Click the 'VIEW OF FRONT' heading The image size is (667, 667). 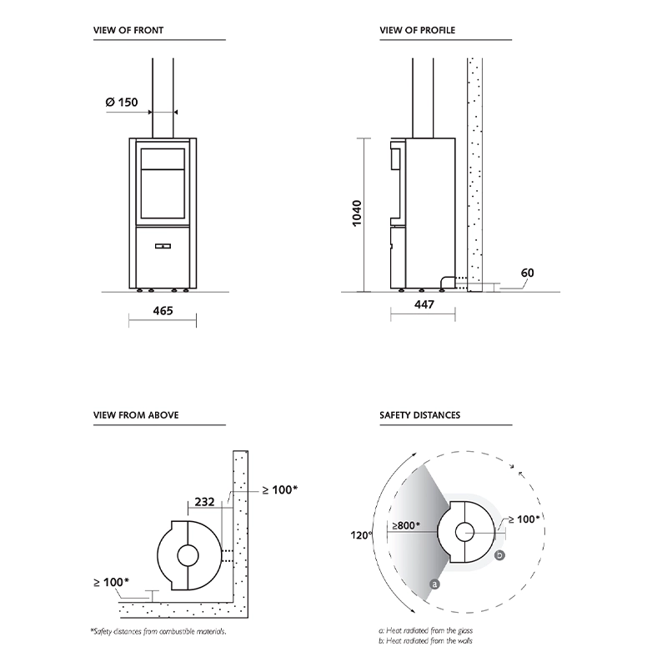[128, 31]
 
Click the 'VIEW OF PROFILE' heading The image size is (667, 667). [417, 31]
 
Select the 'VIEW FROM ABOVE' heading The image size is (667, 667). [136, 414]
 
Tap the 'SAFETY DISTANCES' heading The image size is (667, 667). [419, 414]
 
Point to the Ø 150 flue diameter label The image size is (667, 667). [121, 103]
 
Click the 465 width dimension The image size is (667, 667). [163, 310]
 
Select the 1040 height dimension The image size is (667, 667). [357, 215]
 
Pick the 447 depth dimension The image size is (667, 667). [424, 305]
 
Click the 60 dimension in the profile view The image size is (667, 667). [527, 273]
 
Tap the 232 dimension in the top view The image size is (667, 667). [204, 502]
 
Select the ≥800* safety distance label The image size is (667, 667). [406, 525]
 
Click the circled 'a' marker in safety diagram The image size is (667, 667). [434, 584]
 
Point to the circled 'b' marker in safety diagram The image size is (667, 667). [499, 554]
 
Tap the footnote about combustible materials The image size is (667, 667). [158, 630]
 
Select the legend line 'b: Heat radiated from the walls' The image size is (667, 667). [422, 640]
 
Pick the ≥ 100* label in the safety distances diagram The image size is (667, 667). [523, 518]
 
